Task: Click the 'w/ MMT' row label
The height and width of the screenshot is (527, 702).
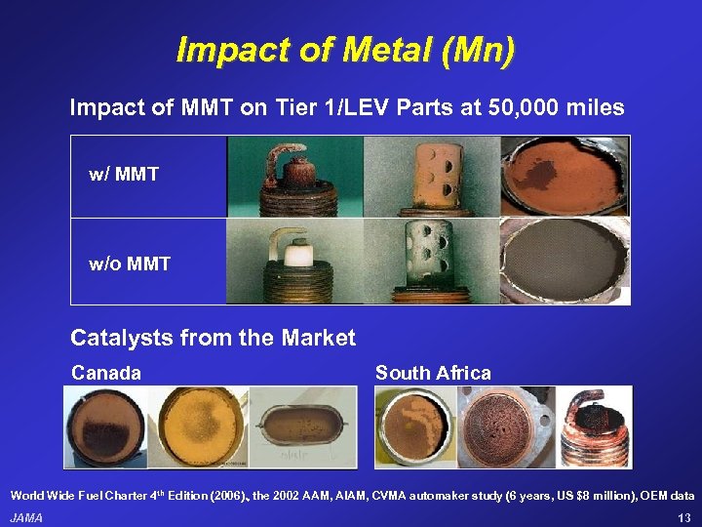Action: [x=124, y=175]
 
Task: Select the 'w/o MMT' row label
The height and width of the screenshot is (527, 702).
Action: [x=130, y=263]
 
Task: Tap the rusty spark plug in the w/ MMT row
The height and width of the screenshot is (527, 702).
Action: [x=292, y=177]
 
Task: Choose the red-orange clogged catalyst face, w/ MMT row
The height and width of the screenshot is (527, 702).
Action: [x=564, y=177]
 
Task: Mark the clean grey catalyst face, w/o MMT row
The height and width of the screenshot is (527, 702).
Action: [x=564, y=261]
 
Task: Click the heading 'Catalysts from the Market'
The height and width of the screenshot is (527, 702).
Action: [x=213, y=339]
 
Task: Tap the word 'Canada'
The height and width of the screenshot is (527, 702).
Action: [x=106, y=373]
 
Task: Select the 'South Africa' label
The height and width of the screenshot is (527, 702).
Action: [x=433, y=373]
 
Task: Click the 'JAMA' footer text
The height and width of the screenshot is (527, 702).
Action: [x=26, y=517]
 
